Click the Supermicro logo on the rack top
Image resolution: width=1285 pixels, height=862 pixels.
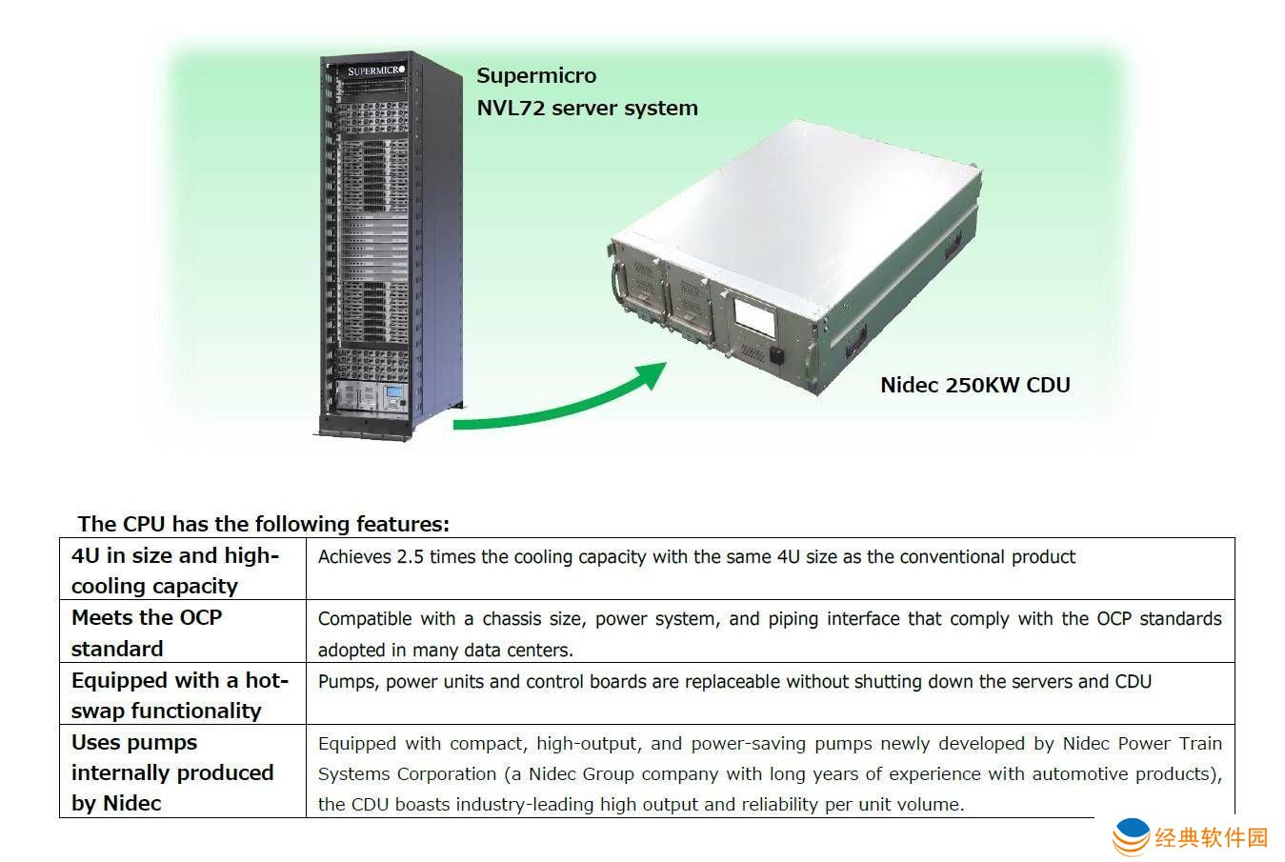[375, 70]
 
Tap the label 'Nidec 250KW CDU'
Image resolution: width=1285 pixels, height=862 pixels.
[974, 385]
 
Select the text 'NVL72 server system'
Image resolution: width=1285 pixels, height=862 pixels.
[587, 108]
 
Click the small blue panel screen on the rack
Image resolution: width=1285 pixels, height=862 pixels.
[392, 394]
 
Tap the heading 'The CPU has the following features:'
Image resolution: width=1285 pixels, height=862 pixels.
[263, 523]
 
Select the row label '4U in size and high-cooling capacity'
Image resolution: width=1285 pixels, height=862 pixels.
[175, 570]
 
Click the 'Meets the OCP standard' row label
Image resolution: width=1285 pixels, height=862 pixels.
[147, 632]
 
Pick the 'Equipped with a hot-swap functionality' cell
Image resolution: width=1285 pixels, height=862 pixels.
[179, 694]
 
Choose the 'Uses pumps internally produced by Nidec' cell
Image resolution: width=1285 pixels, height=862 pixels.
[172, 772]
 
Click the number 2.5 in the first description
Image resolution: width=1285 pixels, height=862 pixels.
[410, 556]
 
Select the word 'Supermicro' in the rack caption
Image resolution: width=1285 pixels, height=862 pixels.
[536, 75]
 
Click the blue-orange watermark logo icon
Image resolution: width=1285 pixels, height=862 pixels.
[1131, 837]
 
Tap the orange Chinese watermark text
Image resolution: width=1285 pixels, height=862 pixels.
[1212, 837]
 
